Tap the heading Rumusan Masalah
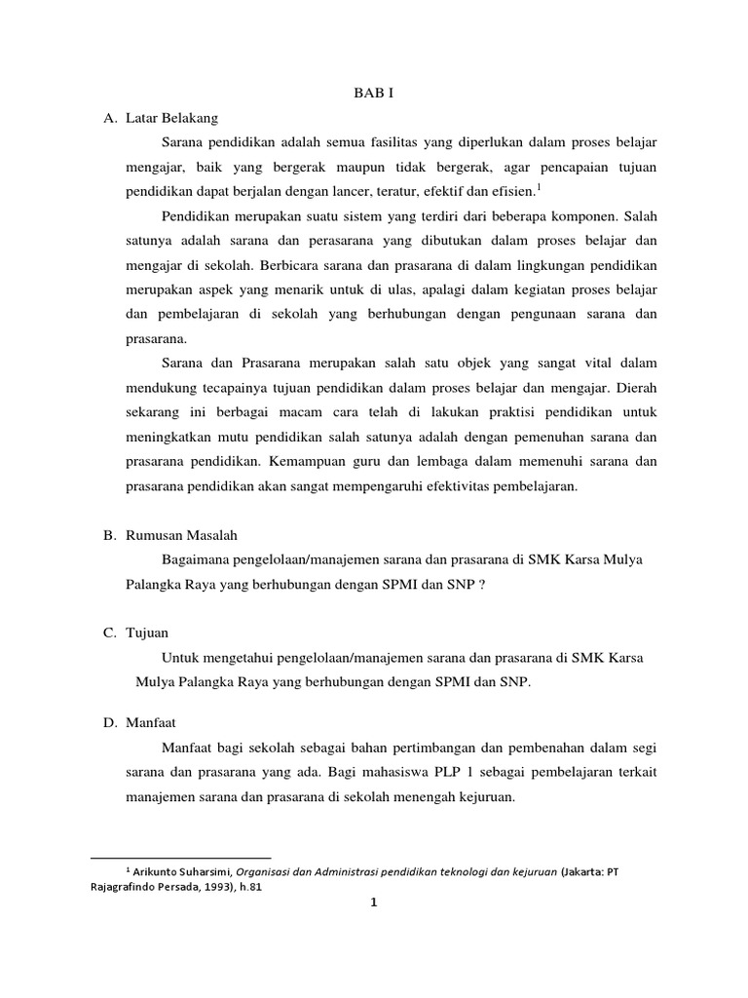[x=182, y=535]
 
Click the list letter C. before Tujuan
[x=110, y=633]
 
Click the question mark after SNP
[x=481, y=586]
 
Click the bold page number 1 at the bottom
[x=373, y=902]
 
